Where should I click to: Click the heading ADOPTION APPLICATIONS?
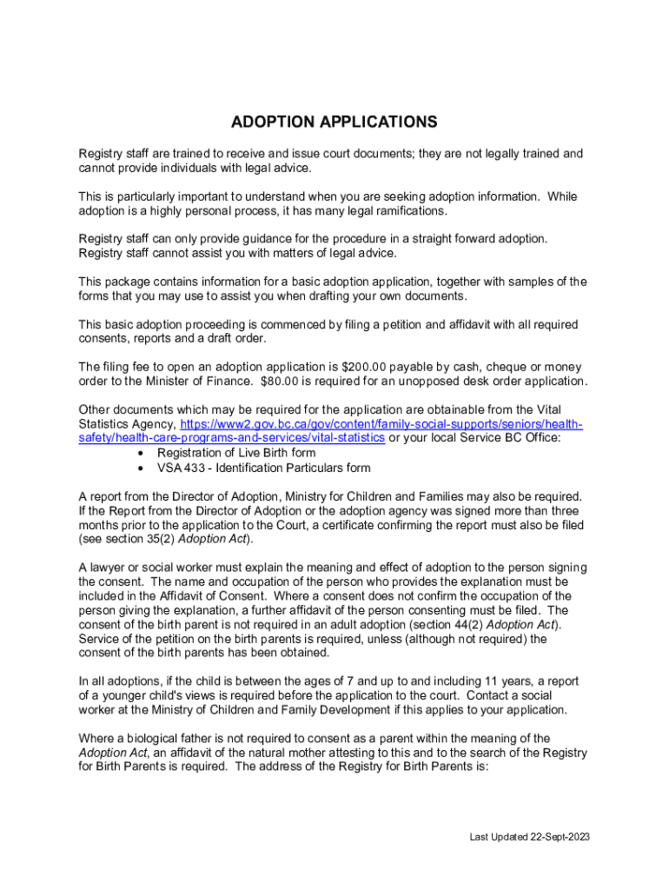(334, 122)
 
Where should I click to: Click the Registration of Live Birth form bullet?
(235, 453)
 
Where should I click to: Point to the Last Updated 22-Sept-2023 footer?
(529, 837)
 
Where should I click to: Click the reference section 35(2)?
(141, 540)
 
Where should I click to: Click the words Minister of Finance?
(186, 382)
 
